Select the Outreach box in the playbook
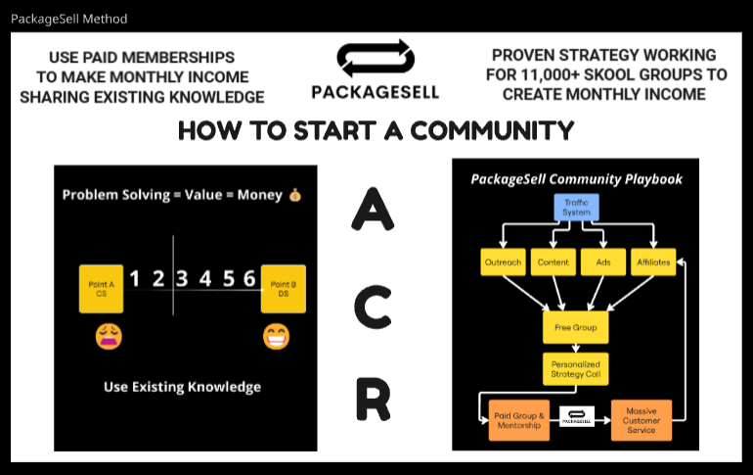click(502, 261)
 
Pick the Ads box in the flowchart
click(602, 261)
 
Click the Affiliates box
click(652, 261)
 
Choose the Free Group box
click(576, 327)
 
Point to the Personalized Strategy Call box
click(576, 369)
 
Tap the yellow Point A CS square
click(101, 288)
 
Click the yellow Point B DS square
click(284, 288)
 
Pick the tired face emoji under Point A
click(108, 337)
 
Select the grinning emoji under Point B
click(277, 337)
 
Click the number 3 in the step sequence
click(182, 279)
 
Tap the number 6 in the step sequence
click(250, 279)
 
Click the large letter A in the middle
click(372, 210)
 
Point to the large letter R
click(372, 401)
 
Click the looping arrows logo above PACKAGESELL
click(375, 61)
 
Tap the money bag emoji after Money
click(295, 195)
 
